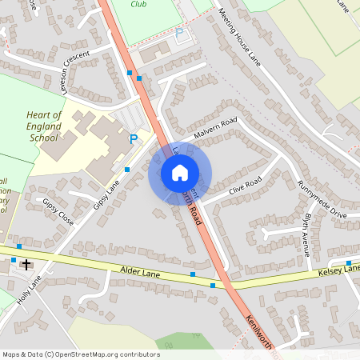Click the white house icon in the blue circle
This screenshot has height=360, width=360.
[x=179, y=172]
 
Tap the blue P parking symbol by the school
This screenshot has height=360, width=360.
[x=134, y=139]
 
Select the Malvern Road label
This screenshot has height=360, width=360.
[x=215, y=128]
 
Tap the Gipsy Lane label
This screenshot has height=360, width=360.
[x=106, y=194]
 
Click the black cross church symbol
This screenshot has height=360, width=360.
[x=26, y=263]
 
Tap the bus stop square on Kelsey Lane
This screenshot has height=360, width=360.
[x=349, y=262]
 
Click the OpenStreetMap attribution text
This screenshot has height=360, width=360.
[x=81, y=354]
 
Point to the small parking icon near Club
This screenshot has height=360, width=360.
[x=179, y=33]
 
